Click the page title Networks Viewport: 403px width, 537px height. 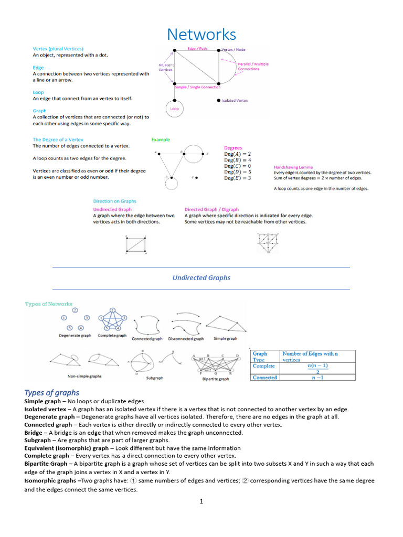pyautogui.click(x=201, y=35)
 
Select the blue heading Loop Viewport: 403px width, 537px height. pyautogui.click(x=38, y=92)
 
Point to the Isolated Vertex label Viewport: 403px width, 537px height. pyautogui.click(x=235, y=100)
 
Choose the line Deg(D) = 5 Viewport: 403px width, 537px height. pyautogui.click(x=237, y=171)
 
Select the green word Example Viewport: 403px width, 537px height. pyautogui.click(x=161, y=139)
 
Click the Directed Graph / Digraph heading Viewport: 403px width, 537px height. pyautogui.click(x=211, y=209)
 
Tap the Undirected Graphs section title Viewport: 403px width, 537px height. pyautogui.click(x=201, y=278)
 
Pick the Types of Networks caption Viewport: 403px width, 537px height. pyautogui.click(x=49, y=304)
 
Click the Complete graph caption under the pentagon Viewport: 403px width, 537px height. pyautogui.click(x=112, y=336)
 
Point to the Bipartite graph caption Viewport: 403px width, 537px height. pyautogui.click(x=216, y=379)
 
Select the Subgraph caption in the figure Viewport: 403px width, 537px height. pyautogui.click(x=155, y=378)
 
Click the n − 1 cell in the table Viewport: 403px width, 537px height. pyautogui.click(x=317, y=377)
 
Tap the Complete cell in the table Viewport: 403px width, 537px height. pyautogui.click(x=264, y=366)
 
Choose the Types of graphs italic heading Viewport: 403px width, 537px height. pyautogui.click(x=52, y=392)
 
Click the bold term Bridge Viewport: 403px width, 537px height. pyautogui.click(x=34, y=433)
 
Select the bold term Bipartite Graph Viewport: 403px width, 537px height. pyautogui.click(x=46, y=464)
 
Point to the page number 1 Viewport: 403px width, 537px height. pyautogui.click(x=201, y=502)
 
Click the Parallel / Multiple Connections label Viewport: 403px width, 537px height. pyautogui.click(x=253, y=67)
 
